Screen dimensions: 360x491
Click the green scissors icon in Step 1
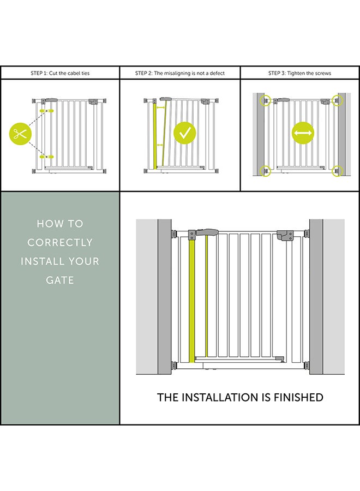click(21, 134)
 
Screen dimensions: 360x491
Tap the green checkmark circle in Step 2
click(185, 133)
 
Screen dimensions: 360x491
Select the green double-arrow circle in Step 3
click(303, 133)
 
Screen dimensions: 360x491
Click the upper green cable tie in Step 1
click(47, 111)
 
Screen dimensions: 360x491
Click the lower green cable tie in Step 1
click(47, 157)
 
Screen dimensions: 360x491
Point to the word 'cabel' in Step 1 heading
click(74, 73)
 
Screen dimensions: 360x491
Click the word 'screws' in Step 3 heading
click(323, 73)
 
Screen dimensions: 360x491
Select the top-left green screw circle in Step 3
click(266, 101)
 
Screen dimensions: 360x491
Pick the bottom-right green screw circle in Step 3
click(338, 171)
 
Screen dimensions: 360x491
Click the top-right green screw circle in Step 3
click(338, 101)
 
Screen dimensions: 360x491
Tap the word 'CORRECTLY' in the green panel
click(60, 242)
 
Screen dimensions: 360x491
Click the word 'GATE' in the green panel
click(60, 280)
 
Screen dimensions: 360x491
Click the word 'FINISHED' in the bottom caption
click(298, 397)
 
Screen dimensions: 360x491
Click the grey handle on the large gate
click(207, 232)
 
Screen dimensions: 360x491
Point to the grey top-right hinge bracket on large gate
click(285, 236)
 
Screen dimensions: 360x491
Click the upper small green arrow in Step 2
click(161, 107)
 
